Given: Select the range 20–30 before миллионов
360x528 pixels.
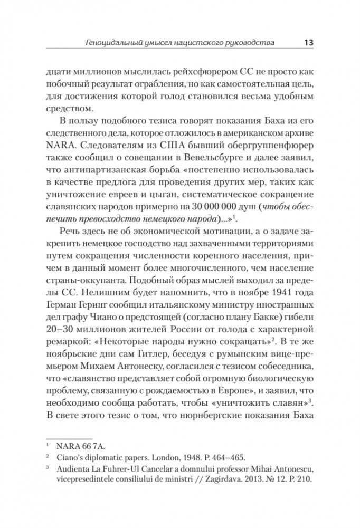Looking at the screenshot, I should click(x=62, y=342).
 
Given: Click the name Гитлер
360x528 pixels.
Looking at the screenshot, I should click(x=136, y=367).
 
